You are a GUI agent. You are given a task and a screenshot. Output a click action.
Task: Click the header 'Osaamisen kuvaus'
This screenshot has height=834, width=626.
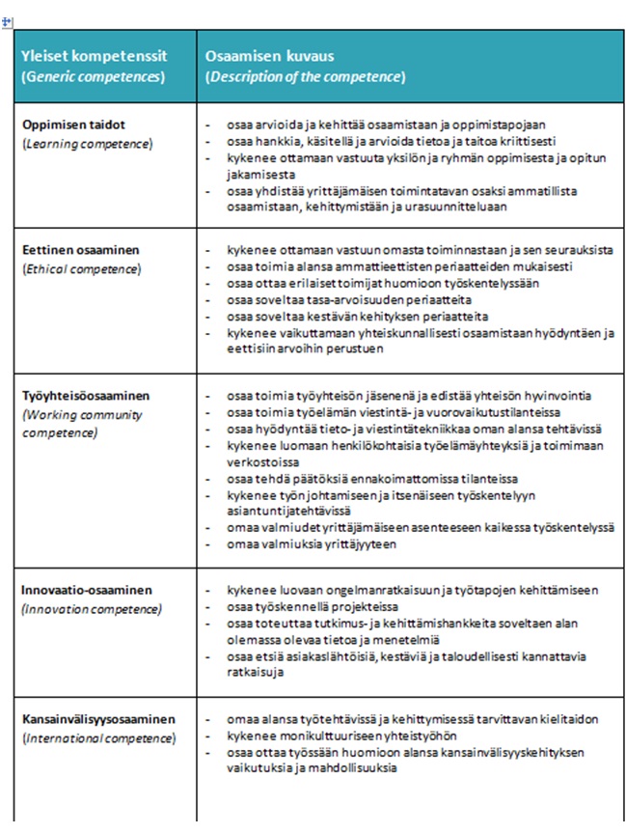269,56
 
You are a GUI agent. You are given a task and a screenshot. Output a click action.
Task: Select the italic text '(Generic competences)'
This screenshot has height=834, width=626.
92,76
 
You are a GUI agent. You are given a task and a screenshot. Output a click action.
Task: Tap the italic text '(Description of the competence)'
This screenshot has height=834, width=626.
305,76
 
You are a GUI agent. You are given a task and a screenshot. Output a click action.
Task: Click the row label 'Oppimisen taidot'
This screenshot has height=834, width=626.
73,125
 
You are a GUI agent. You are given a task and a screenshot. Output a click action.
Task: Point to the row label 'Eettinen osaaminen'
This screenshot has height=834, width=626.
80,250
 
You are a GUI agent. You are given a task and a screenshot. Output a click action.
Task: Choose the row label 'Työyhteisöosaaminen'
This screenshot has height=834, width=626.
85,396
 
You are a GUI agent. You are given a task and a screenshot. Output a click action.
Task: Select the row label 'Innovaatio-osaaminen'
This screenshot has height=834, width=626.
85,590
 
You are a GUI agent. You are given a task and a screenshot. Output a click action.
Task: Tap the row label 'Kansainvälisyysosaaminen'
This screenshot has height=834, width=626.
98,719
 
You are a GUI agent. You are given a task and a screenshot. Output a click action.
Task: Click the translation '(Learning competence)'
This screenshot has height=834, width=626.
87,143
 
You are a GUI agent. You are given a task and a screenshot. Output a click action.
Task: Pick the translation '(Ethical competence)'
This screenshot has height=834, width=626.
82,268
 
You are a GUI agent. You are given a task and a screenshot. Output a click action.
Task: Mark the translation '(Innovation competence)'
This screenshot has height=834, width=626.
92,609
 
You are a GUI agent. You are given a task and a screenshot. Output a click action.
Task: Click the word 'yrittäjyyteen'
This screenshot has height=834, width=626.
365,544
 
